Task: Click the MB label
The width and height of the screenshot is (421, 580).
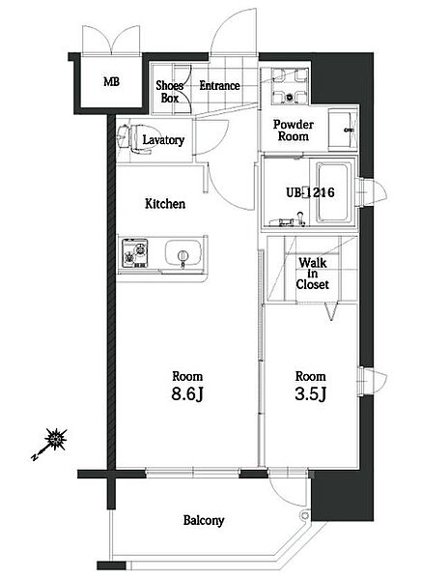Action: pyautogui.click(x=111, y=81)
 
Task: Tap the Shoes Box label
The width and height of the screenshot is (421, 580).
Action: pyautogui.click(x=170, y=92)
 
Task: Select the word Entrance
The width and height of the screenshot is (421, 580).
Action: pyautogui.click(x=219, y=86)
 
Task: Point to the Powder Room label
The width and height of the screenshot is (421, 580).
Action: pyautogui.click(x=294, y=130)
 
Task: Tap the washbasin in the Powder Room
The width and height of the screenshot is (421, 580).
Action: pyautogui.click(x=343, y=130)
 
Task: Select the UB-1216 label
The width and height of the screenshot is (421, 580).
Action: pyautogui.click(x=311, y=192)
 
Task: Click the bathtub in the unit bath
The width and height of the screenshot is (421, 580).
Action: pyautogui.click(x=333, y=192)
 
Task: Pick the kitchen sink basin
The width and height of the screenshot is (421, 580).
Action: pyautogui.click(x=183, y=252)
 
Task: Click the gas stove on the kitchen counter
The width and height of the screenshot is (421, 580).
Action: pyautogui.click(x=135, y=253)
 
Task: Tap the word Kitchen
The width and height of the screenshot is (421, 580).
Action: pyautogui.click(x=165, y=204)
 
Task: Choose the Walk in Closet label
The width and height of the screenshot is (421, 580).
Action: pyautogui.click(x=312, y=274)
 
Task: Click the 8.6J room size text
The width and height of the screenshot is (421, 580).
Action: pyautogui.click(x=187, y=394)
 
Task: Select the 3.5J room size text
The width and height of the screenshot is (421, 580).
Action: pyautogui.click(x=311, y=394)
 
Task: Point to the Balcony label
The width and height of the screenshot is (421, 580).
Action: pyautogui.click(x=204, y=520)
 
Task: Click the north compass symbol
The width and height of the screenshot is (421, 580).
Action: pyautogui.click(x=50, y=444)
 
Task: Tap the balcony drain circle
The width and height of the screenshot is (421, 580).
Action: pyautogui.click(x=305, y=515)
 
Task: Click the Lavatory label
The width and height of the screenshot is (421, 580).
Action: pyautogui.click(x=163, y=140)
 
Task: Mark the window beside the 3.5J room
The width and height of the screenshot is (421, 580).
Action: pyautogui.click(x=372, y=381)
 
